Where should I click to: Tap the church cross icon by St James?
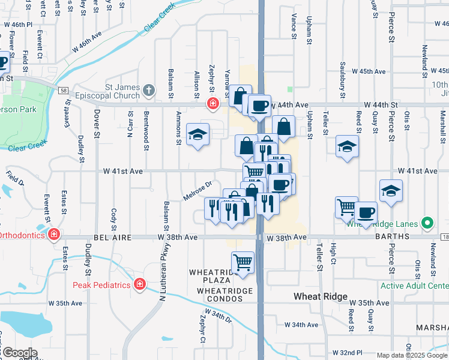coord(149,91)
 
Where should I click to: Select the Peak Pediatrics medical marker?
coord(140,283)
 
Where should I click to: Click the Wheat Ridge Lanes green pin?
coord(427,224)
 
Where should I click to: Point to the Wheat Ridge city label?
coord(321,297)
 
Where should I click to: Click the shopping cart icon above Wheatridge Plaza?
coord(243,262)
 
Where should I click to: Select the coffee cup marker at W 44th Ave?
coord(259,106)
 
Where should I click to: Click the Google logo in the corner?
coord(19,353)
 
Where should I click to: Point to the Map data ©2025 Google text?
coord(412,355)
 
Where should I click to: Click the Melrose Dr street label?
coord(198,191)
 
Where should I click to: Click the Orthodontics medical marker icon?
coord(54,233)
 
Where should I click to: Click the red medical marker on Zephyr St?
coord(212,104)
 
